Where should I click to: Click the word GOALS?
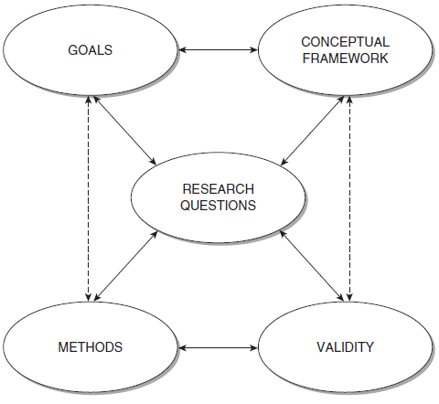coord(91,50)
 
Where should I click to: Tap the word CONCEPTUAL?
coord(346,42)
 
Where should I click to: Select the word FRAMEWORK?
coord(346,58)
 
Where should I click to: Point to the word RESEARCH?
coord(219,189)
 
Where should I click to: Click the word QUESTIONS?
coord(219,205)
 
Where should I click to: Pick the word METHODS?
coord(91,347)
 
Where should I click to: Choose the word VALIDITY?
coord(346,347)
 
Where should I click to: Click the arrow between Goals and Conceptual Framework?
coord(218,49)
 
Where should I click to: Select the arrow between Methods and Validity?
coord(218,347)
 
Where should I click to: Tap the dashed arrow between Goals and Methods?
coord(89,198)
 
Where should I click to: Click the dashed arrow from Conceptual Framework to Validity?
coord(349,198)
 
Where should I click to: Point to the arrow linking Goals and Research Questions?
coord(124,131)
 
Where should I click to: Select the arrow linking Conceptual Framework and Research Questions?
coord(313,131)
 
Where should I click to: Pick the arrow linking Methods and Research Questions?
coord(126,266)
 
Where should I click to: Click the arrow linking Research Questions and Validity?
coord(311,266)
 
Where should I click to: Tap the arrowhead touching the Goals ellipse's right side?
coord(182,49)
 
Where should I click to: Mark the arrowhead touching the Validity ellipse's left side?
coord(254,347)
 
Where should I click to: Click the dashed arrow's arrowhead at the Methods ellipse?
coord(89,298)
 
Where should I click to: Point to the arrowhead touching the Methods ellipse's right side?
coord(182,347)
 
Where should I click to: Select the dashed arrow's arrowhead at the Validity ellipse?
coord(349,298)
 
